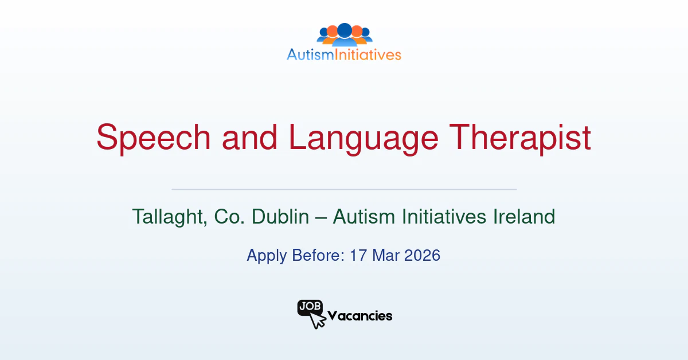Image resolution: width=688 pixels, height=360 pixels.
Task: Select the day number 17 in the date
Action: point(358,255)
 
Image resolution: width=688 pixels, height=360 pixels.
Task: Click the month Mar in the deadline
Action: point(385,255)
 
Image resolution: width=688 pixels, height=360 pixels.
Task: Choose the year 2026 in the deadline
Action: point(422,255)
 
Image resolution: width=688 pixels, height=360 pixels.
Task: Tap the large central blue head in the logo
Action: point(344,30)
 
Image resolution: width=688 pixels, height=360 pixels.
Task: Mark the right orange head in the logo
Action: point(357,31)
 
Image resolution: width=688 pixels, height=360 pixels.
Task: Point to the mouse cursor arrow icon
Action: point(317,320)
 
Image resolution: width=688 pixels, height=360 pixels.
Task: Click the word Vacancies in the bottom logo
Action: point(359,316)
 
